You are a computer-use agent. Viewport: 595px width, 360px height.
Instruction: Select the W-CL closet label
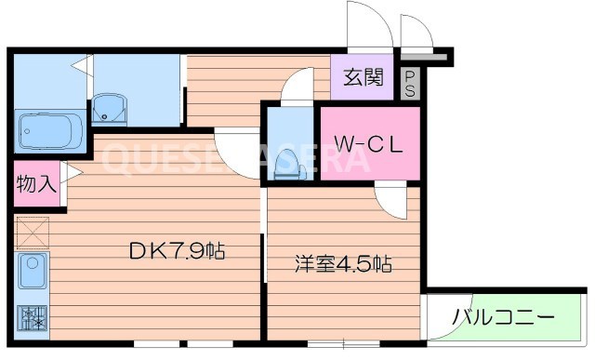click(x=368, y=144)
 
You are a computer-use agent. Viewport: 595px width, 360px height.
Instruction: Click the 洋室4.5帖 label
click(x=341, y=264)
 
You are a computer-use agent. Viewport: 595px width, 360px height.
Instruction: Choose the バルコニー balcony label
click(x=504, y=318)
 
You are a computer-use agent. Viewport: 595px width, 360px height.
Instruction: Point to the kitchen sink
click(x=33, y=273)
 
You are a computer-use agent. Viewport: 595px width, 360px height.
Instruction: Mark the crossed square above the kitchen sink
click(x=32, y=231)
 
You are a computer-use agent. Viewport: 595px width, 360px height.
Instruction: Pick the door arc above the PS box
click(x=415, y=30)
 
